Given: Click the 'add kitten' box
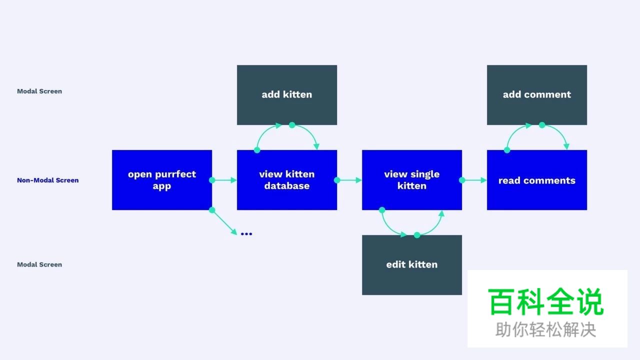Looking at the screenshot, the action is [x=287, y=95].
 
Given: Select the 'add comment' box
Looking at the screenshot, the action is [x=537, y=95].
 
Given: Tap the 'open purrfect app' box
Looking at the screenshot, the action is [x=162, y=180].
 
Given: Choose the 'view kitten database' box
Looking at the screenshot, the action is [x=287, y=180].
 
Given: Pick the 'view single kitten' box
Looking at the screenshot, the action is [x=412, y=180].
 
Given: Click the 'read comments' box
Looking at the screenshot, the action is [x=537, y=180].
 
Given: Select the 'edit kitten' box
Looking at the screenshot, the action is [x=412, y=265].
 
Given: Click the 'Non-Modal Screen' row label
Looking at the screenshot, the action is [x=47, y=180].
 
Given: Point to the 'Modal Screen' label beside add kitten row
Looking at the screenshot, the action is [x=39, y=91].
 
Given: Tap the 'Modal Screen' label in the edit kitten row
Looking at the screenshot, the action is [x=39, y=264].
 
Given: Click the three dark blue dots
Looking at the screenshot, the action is [x=246, y=234].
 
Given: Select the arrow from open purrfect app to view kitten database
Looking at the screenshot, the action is [x=224, y=180].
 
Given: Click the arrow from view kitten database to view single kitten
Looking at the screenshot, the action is [x=349, y=180].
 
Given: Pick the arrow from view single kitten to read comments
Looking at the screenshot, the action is [x=474, y=180].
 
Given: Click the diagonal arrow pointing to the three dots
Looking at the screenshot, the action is [x=224, y=222].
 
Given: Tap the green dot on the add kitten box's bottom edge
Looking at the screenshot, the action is [x=292, y=125].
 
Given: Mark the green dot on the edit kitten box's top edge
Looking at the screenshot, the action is [x=417, y=235].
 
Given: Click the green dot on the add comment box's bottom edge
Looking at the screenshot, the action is [x=542, y=125].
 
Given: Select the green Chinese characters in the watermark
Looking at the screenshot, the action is [x=545, y=301].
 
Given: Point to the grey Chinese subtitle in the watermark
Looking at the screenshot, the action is [x=545, y=329].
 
